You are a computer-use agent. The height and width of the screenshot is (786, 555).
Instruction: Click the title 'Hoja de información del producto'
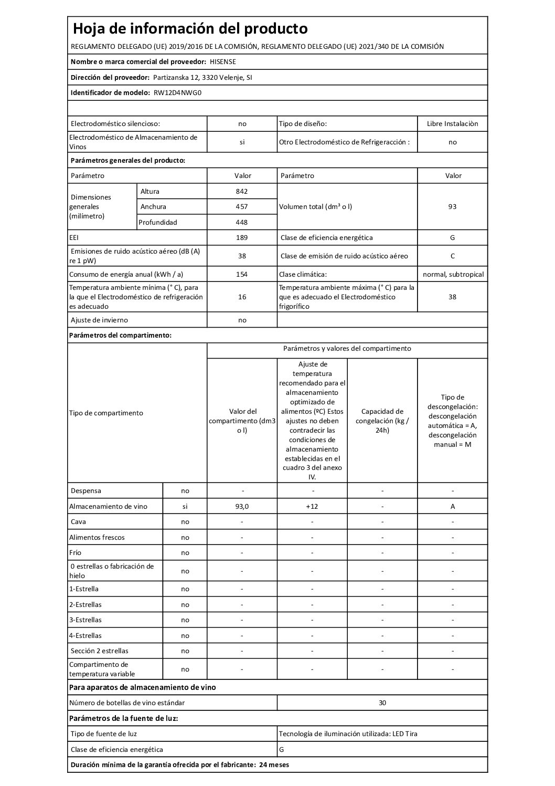click(190, 28)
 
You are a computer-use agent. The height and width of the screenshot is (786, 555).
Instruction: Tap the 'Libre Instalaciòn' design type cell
click(452, 124)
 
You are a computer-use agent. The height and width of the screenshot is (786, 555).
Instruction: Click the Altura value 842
click(242, 191)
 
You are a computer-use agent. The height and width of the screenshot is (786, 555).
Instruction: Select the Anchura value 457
click(242, 206)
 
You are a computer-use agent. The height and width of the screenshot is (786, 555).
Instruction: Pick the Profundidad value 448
click(242, 222)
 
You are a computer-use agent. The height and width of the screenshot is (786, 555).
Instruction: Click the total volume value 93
click(452, 206)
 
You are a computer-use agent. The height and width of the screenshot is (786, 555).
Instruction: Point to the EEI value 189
click(242, 237)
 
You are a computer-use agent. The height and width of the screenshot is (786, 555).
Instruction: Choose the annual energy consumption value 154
click(242, 274)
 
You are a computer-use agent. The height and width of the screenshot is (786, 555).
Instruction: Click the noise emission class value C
click(452, 256)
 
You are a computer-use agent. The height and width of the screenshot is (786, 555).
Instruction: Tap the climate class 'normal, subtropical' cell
click(453, 274)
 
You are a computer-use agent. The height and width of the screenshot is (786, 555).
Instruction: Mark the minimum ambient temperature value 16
click(242, 297)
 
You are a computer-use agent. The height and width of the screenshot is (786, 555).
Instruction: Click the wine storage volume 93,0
click(242, 506)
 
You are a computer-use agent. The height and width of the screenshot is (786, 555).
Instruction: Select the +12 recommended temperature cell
click(312, 506)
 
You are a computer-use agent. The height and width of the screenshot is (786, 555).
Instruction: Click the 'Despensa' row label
click(86, 490)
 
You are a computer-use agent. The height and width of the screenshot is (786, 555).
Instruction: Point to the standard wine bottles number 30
click(382, 703)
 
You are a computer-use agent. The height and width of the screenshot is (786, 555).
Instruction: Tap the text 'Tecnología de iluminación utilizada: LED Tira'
click(348, 733)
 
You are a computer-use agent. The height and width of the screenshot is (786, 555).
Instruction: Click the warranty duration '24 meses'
click(274, 764)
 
